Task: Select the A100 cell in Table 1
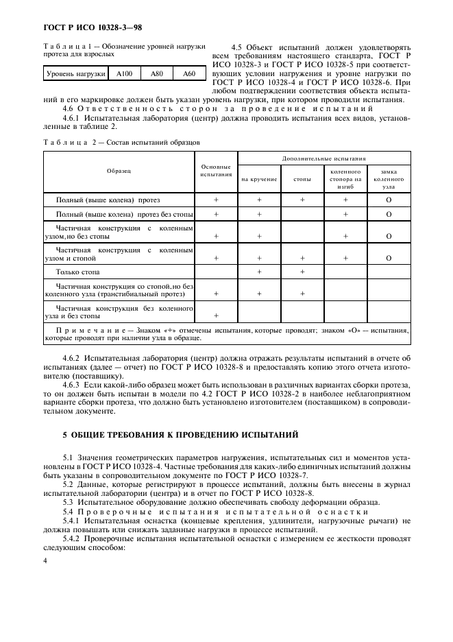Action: click(x=124, y=73)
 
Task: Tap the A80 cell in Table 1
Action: click(x=157, y=73)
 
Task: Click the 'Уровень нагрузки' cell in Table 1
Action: click(x=75, y=73)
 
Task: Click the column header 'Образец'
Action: click(x=119, y=169)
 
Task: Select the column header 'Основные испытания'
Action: click(x=216, y=170)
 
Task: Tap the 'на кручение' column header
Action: click(x=259, y=179)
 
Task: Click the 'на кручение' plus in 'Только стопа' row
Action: click(x=260, y=273)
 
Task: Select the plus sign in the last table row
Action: click(x=216, y=316)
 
